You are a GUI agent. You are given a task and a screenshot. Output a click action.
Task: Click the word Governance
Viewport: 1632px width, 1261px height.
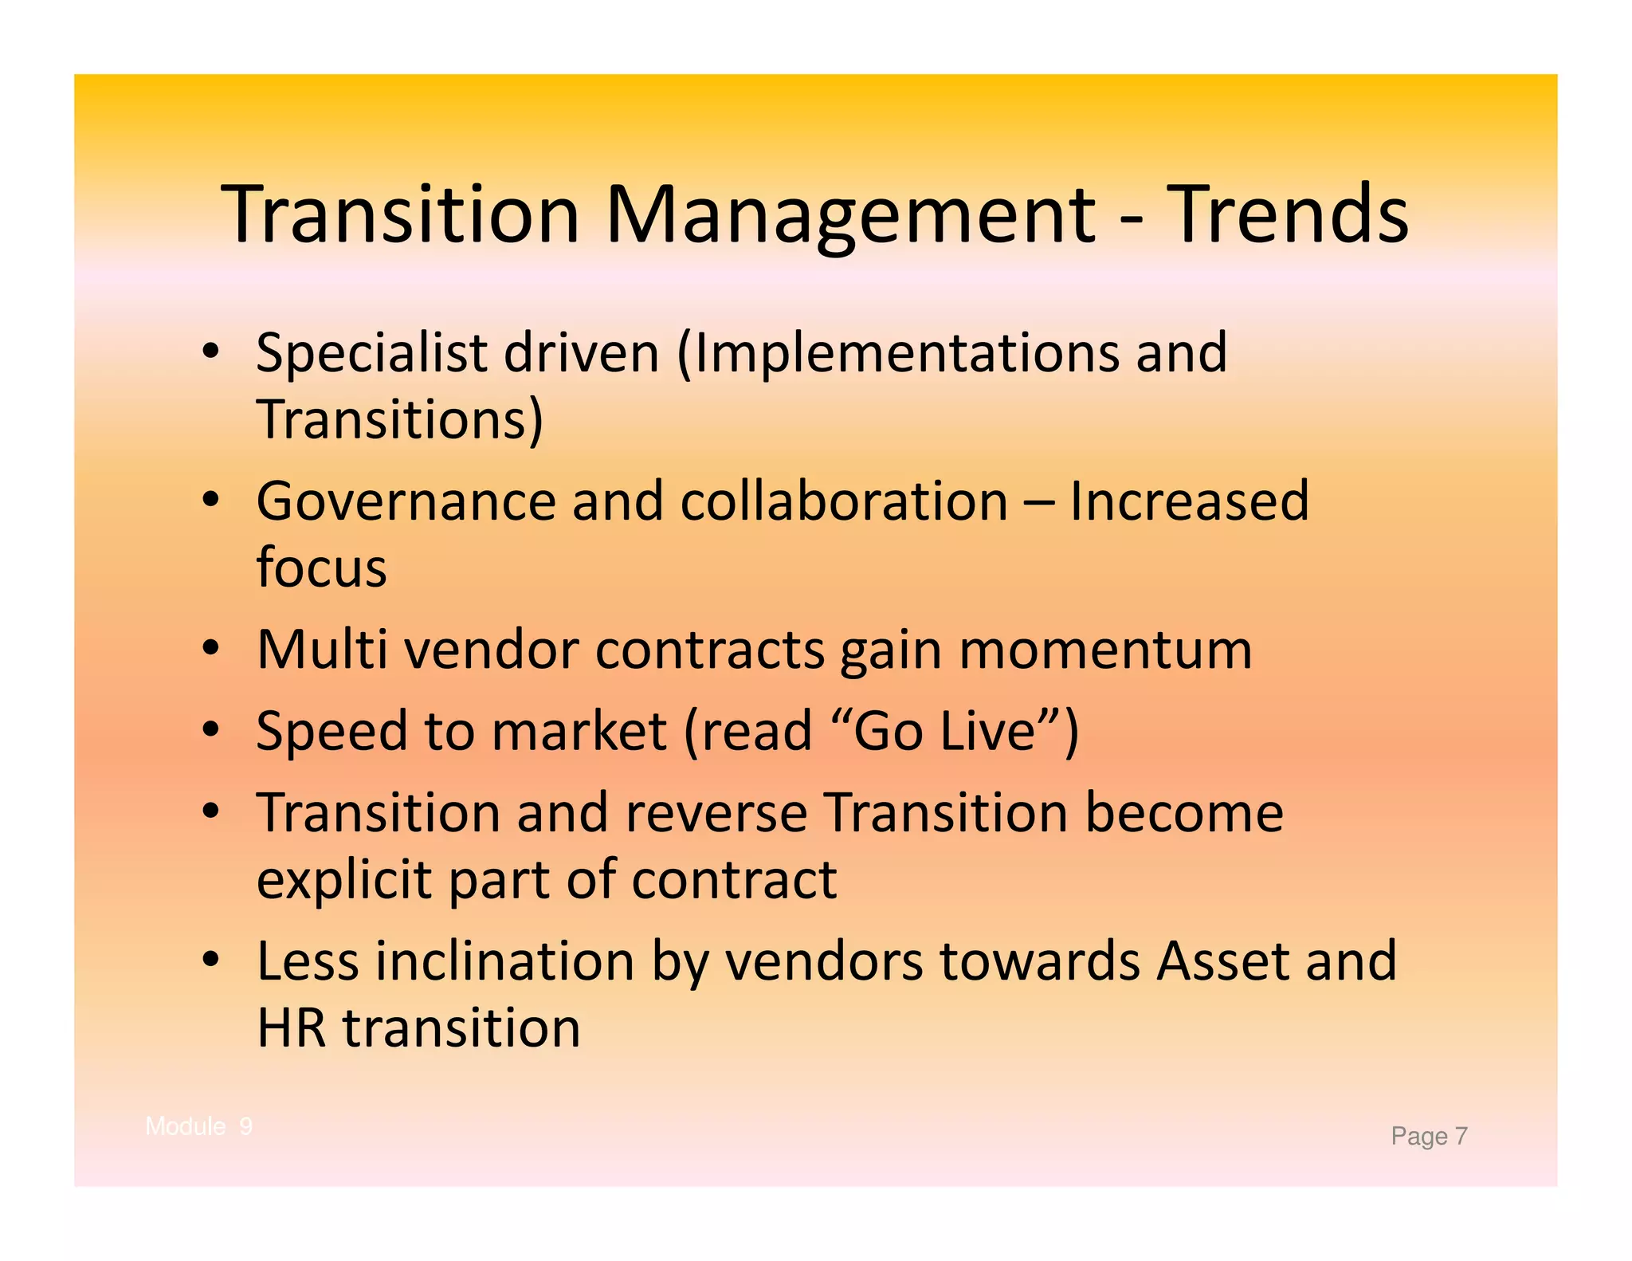pos(406,501)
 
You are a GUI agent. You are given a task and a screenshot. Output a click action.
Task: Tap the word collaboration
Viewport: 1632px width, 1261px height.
pos(844,501)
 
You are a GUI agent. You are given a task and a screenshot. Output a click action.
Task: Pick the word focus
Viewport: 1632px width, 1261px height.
pos(321,568)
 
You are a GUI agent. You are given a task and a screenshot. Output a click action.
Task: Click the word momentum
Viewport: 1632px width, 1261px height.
pos(1105,650)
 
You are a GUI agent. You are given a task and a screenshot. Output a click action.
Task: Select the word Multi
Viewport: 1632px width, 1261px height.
pos(322,650)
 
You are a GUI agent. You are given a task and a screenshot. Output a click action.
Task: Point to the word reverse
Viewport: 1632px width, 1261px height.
pos(716,813)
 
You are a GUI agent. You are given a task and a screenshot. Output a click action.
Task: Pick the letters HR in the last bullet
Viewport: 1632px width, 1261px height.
pos(291,1027)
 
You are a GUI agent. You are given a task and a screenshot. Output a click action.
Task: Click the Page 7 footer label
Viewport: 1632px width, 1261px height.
pos(1429,1136)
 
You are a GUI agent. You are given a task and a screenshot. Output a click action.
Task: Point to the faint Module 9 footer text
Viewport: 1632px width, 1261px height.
pos(199,1126)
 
